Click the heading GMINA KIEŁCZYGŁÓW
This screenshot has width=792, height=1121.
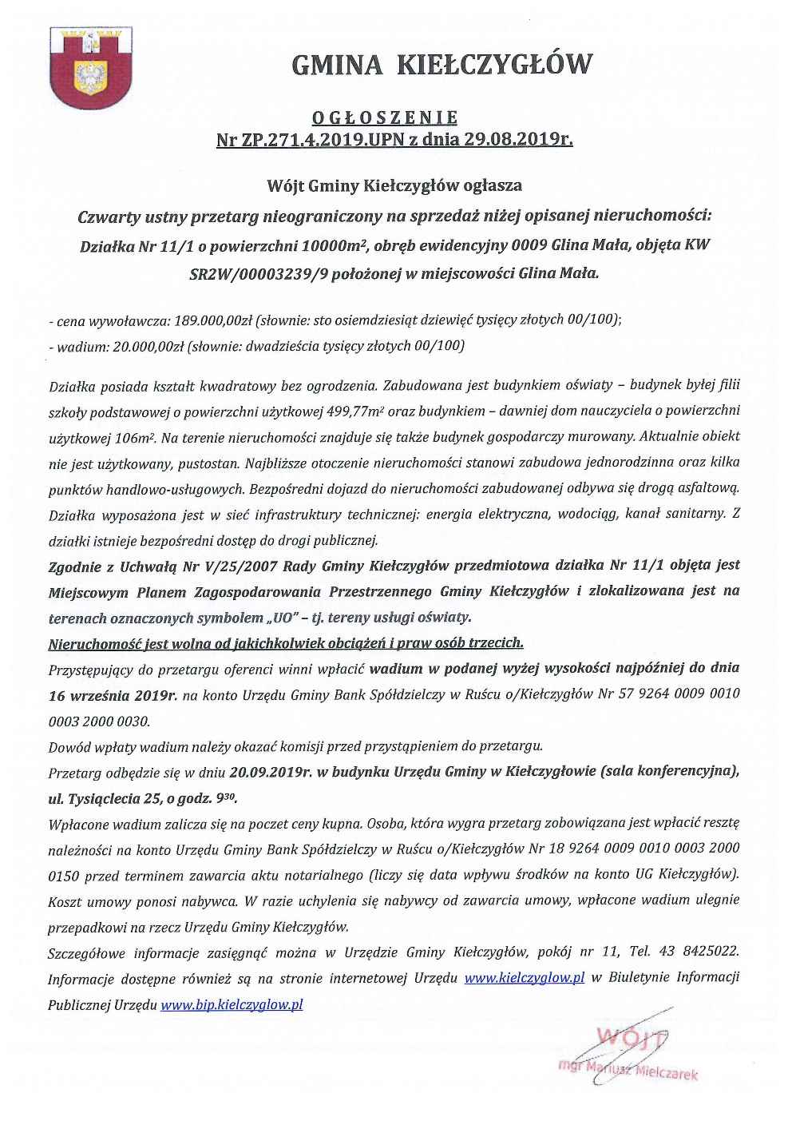(x=444, y=64)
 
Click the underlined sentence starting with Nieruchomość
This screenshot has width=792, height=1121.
(x=286, y=642)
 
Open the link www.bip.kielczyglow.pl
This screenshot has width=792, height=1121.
(x=232, y=1005)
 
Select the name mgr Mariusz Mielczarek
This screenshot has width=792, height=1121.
(x=628, y=1070)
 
